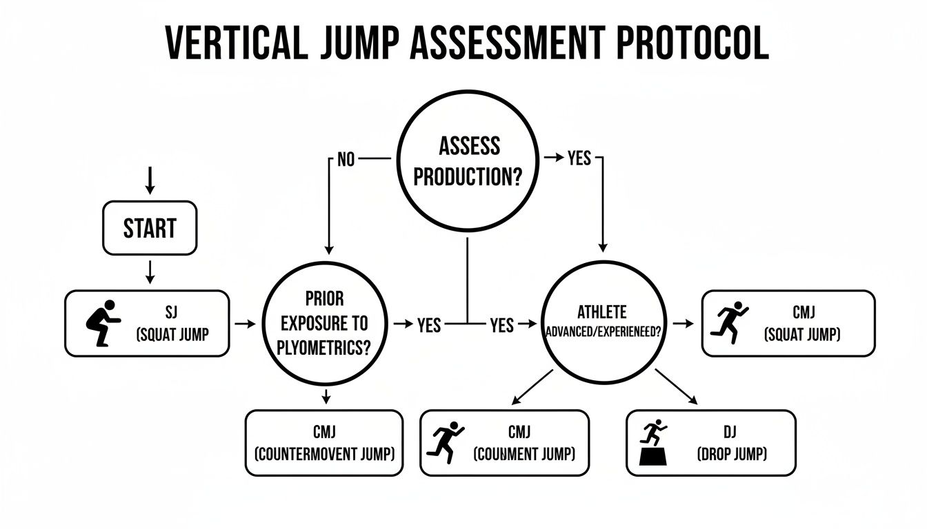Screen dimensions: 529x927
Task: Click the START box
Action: pyautogui.click(x=150, y=227)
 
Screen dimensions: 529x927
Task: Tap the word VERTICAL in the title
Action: pyautogui.click(x=235, y=43)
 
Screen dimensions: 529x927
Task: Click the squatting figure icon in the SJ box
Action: pyautogui.click(x=102, y=323)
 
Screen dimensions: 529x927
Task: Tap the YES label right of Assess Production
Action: pyautogui.click(x=578, y=158)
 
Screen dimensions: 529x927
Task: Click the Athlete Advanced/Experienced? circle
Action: pyautogui.click(x=604, y=323)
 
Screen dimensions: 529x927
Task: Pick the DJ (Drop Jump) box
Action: pyautogui.click(x=710, y=442)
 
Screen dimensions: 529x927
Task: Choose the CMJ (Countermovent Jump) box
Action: pyautogui.click(x=324, y=442)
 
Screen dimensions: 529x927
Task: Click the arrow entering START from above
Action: pyautogui.click(x=150, y=180)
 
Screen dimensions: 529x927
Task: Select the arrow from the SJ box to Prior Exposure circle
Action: pyautogui.click(x=243, y=322)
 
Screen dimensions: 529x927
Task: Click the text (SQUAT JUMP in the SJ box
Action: pyautogui.click(x=172, y=335)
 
